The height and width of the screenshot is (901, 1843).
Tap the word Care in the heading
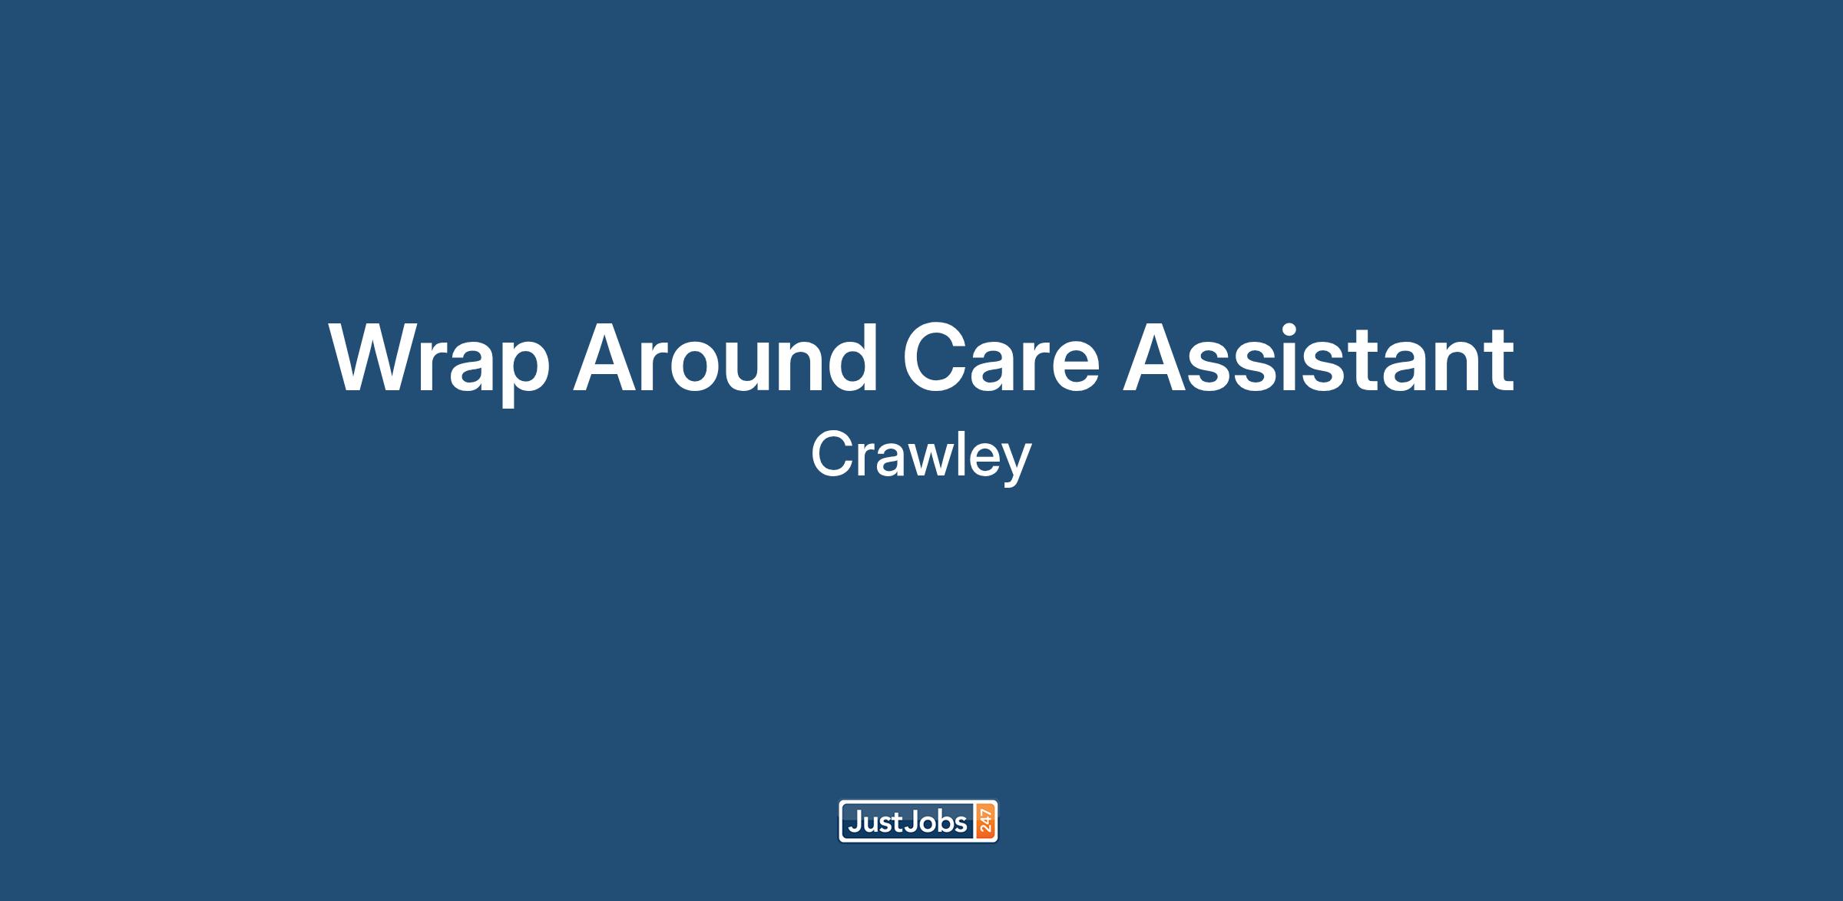1001,358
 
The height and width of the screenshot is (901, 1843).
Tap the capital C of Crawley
833,454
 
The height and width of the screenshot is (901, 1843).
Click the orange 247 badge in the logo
985,821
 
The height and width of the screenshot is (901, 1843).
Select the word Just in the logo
875,823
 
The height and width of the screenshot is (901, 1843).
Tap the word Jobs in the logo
936,823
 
